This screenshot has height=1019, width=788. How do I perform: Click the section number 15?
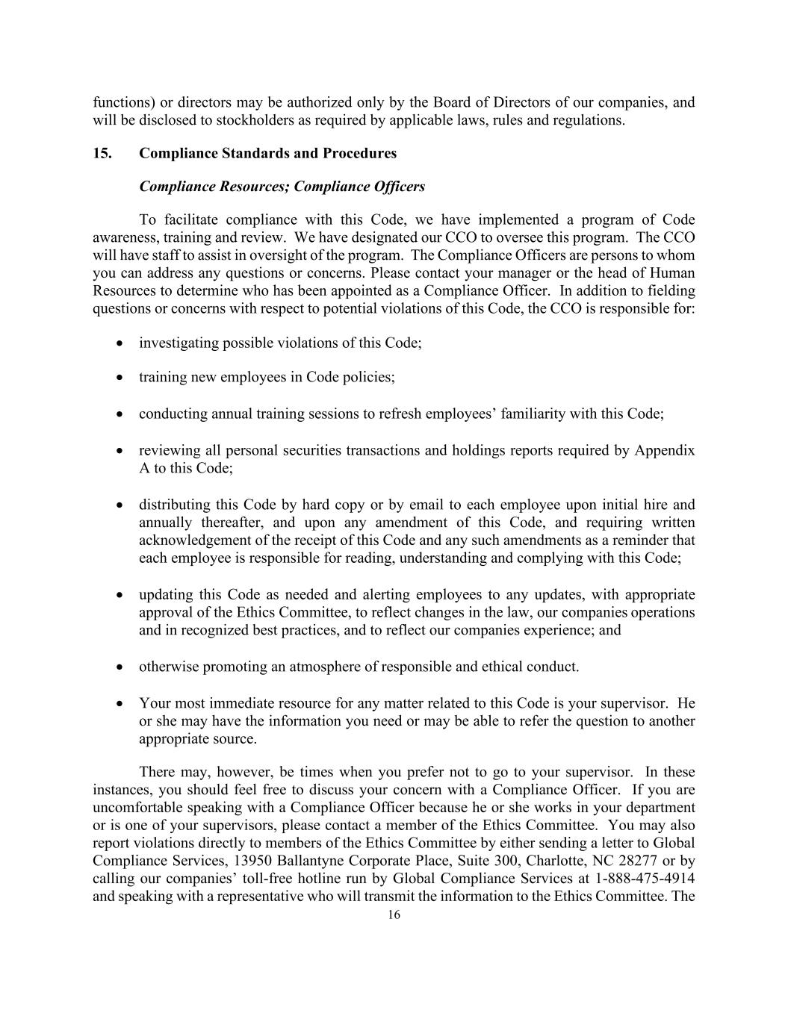tap(102, 154)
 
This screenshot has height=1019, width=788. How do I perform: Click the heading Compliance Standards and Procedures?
tap(267, 154)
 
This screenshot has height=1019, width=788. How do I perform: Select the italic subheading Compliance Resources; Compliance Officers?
tap(282, 187)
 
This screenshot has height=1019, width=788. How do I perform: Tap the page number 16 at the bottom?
tap(394, 915)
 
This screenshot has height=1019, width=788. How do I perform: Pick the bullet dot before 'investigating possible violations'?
tap(120, 343)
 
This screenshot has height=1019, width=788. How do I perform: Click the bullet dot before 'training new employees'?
tap(120, 378)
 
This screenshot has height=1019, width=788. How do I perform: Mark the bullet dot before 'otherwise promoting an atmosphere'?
tap(120, 667)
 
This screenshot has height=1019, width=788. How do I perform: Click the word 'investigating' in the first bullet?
tap(177, 343)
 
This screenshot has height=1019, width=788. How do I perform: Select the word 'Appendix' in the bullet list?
tap(665, 451)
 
